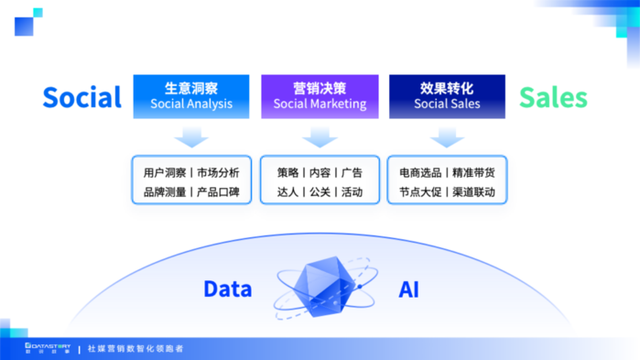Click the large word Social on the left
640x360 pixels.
[x=82, y=96]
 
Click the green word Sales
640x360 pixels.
[x=553, y=96]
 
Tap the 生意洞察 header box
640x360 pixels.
[x=191, y=95]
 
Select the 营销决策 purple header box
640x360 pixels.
[x=320, y=95]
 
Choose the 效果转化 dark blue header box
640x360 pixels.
[x=447, y=95]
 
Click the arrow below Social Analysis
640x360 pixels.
[x=191, y=136]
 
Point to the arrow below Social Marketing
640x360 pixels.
[x=320, y=136]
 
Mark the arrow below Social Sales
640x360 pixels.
[x=447, y=136]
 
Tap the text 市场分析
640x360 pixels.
[x=218, y=172]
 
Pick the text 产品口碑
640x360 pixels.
[x=218, y=192]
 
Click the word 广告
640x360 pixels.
[x=352, y=172]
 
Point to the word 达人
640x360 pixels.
[x=288, y=192]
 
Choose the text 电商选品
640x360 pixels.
[x=419, y=172]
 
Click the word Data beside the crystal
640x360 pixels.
[x=227, y=290]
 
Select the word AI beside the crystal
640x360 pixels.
[x=409, y=290]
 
